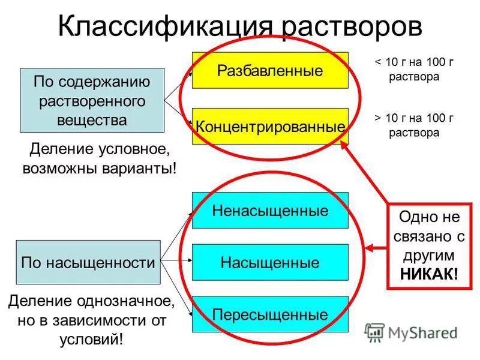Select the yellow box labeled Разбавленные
point(270,70)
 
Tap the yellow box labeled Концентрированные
point(270,127)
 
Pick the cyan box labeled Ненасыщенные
point(270,211)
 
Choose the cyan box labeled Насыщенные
point(270,262)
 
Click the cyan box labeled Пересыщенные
point(270,314)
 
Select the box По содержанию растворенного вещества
point(92,100)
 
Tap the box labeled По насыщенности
point(88,262)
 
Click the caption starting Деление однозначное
point(91,319)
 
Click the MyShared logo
point(412,332)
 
